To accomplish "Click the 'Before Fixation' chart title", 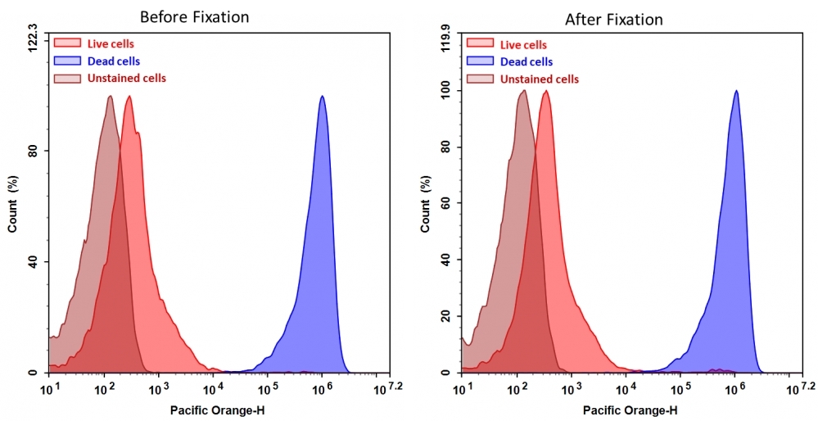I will click(x=194, y=16).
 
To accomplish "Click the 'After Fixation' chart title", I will click(x=613, y=19).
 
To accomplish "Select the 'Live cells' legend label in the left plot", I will click(x=111, y=43).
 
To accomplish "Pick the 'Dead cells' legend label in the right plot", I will click(x=526, y=61).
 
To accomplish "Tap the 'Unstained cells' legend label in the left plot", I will click(x=126, y=78).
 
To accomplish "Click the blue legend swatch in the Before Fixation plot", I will click(x=67, y=61).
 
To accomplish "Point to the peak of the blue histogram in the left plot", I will click(x=323, y=97).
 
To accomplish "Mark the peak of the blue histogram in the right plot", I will click(x=736, y=91).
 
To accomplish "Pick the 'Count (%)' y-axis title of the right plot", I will click(x=425, y=204).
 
